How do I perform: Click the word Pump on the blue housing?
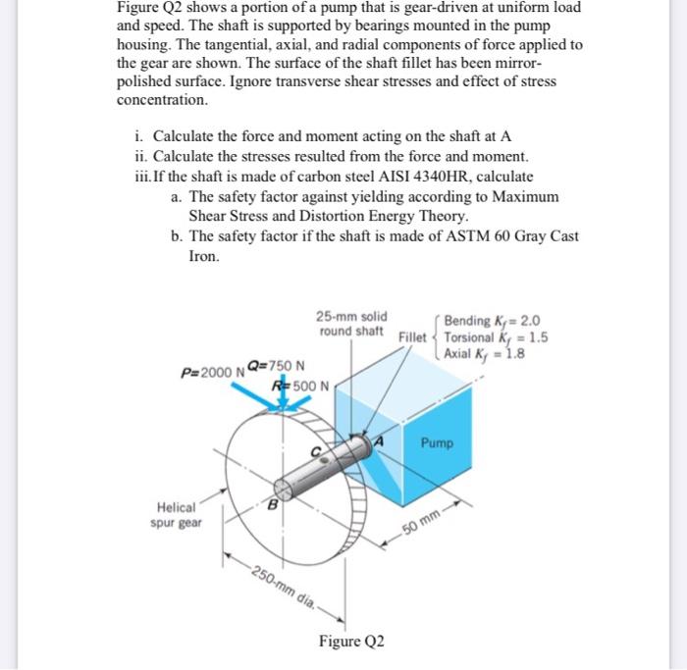click(x=438, y=443)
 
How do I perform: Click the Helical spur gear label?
click(x=177, y=515)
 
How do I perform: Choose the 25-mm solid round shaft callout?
click(x=351, y=324)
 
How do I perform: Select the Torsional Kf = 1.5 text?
click(x=495, y=336)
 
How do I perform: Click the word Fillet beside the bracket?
click(x=413, y=336)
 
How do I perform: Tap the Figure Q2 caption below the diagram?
click(x=350, y=642)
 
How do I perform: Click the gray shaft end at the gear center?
click(x=286, y=487)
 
